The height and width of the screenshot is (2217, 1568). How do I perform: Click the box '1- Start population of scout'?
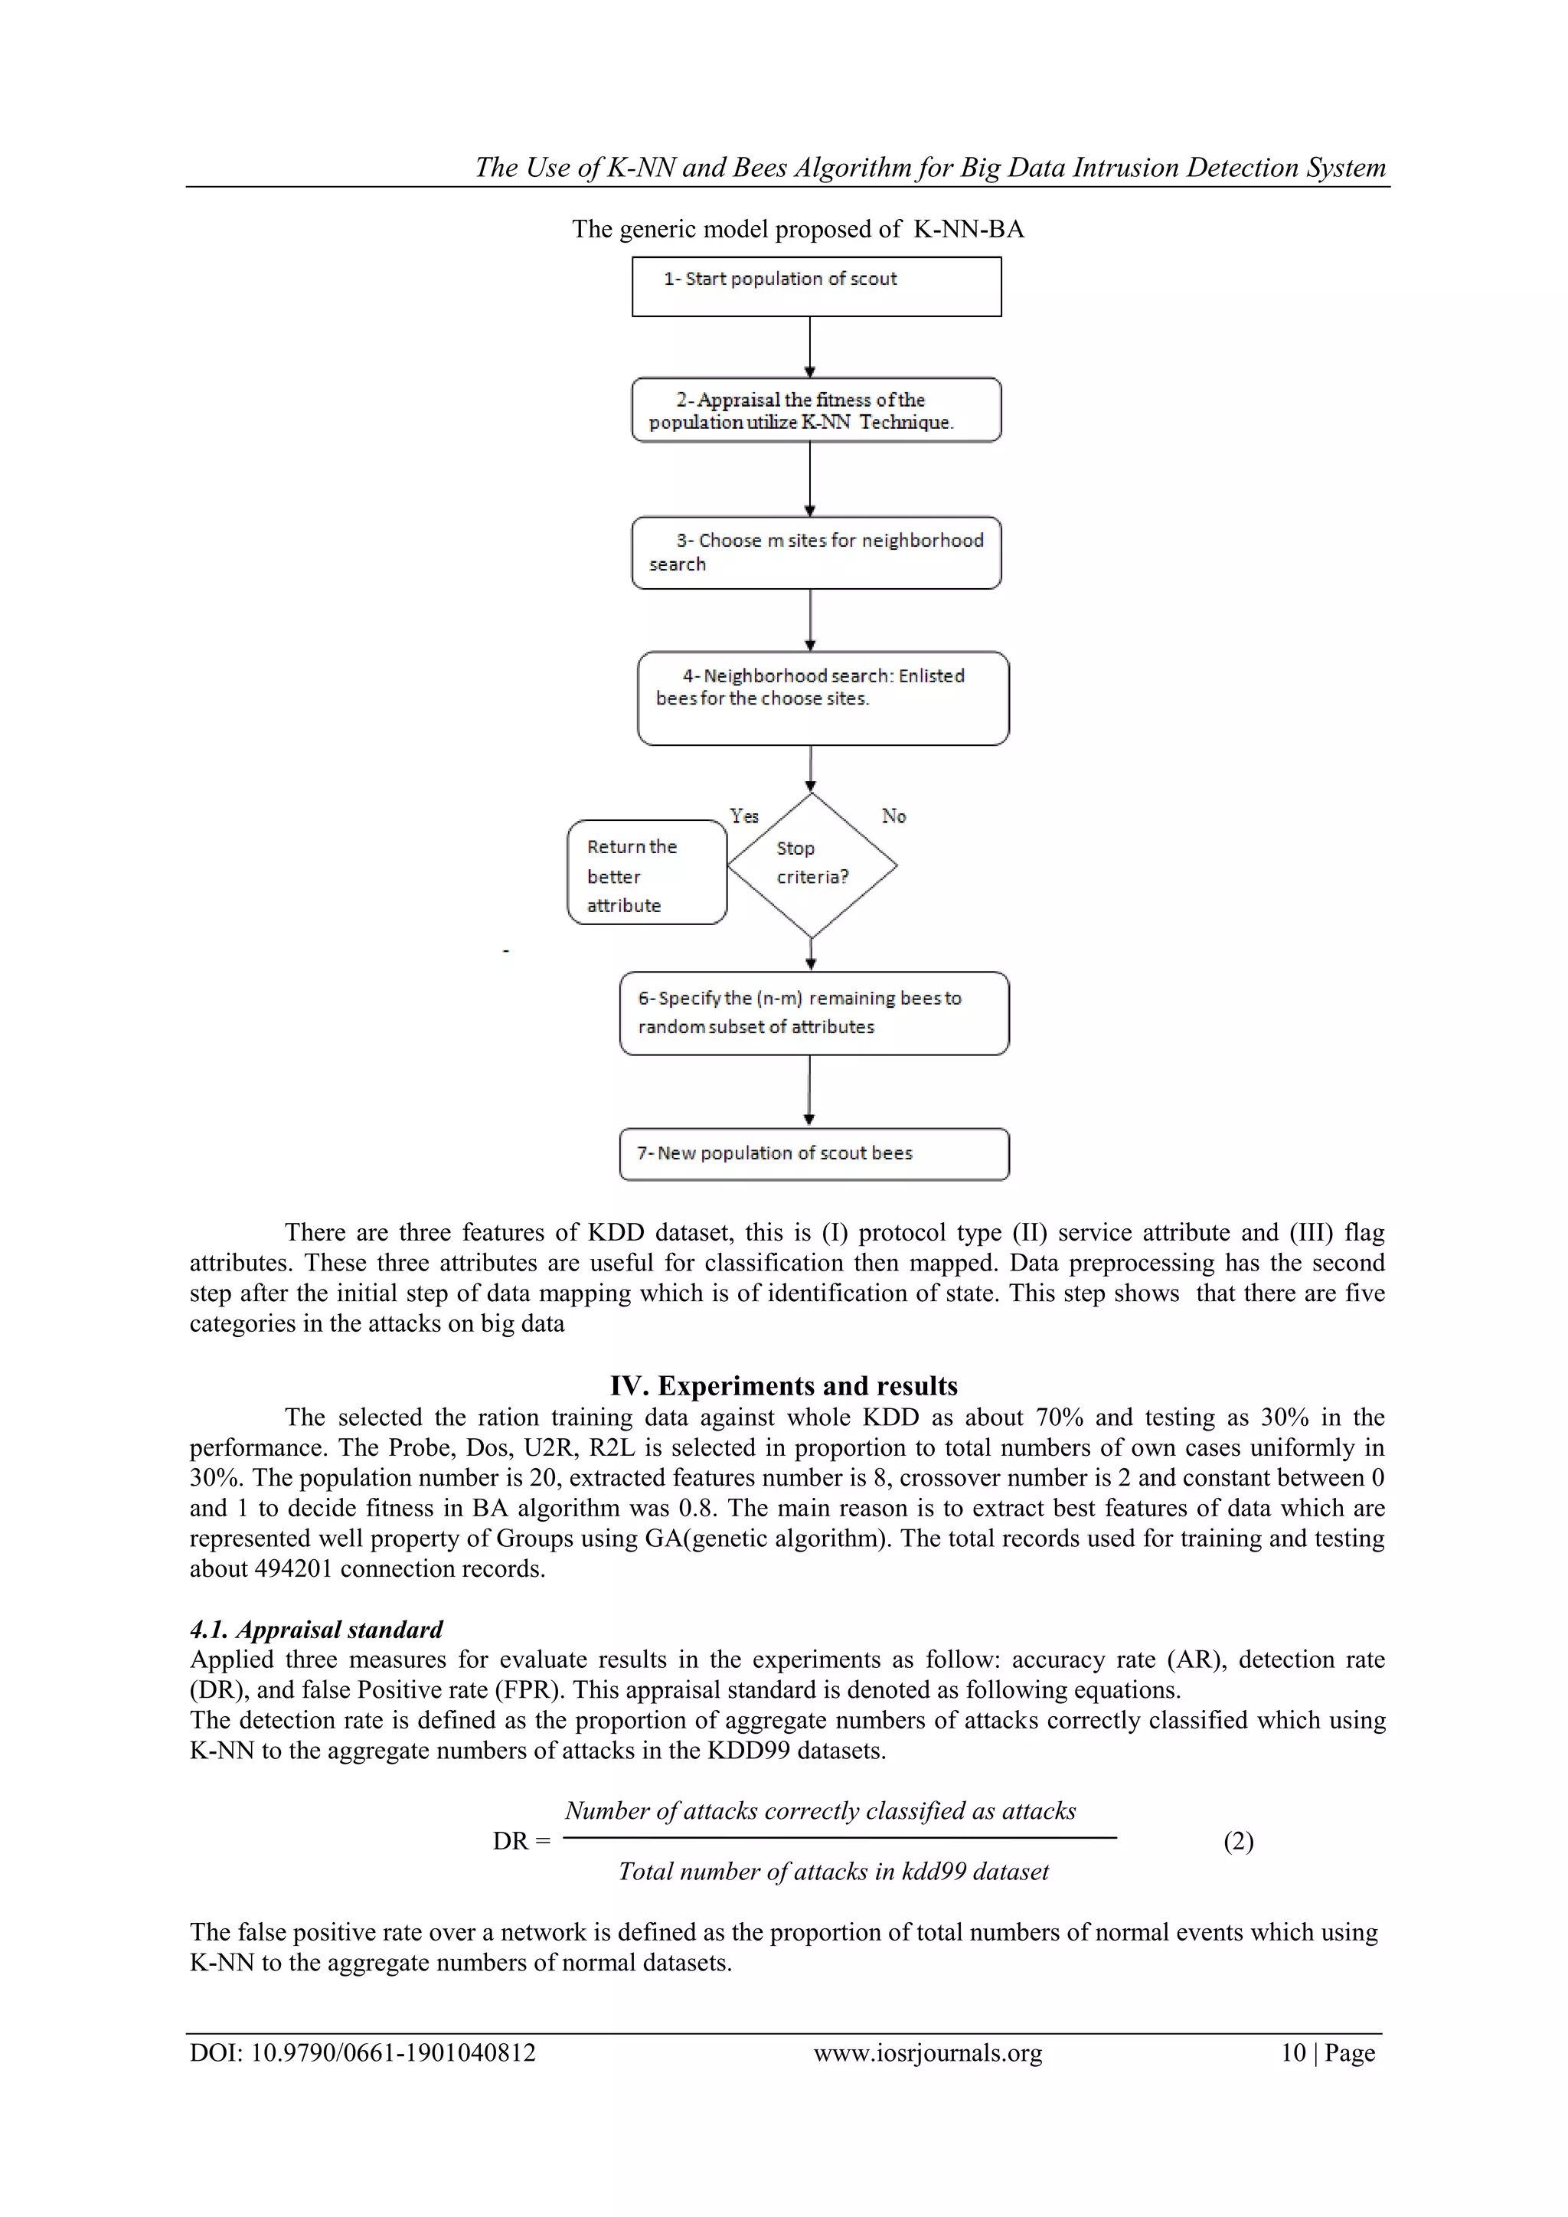pyautogui.click(x=816, y=286)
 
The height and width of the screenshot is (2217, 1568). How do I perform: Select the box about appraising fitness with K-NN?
pyautogui.click(x=816, y=410)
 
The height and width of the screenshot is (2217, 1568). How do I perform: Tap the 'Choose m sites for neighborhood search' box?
pyautogui.click(x=816, y=552)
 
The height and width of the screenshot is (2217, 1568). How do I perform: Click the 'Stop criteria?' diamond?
pyautogui.click(x=812, y=864)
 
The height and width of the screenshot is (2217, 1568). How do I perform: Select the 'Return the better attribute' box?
pyautogui.click(x=646, y=873)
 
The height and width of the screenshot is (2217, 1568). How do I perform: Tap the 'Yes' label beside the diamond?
pyautogui.click(x=743, y=816)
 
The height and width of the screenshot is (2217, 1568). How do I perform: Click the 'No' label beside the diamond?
pyautogui.click(x=893, y=816)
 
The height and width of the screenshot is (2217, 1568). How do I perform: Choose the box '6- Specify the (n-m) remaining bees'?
pyautogui.click(x=814, y=1013)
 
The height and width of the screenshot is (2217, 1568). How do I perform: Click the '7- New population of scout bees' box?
pyautogui.click(x=814, y=1154)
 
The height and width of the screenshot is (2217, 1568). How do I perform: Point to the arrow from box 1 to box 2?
pyautogui.click(x=810, y=347)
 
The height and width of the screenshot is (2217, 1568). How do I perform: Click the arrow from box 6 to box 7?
pyautogui.click(x=809, y=1091)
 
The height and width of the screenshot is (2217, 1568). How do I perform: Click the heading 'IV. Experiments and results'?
pyautogui.click(x=783, y=1385)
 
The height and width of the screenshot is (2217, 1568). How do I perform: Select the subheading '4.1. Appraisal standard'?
pyautogui.click(x=315, y=1629)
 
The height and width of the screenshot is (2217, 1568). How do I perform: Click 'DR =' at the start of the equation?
pyautogui.click(x=521, y=1842)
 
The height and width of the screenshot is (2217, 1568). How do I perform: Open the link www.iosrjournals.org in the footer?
pyautogui.click(x=927, y=2052)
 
